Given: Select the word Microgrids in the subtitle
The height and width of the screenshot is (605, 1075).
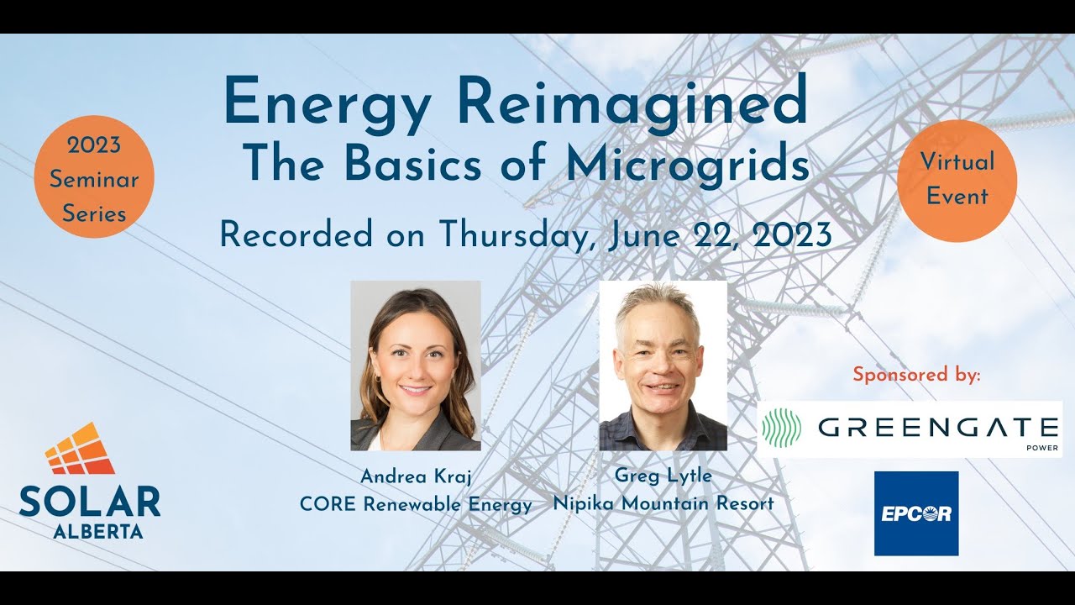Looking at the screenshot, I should point(688,165).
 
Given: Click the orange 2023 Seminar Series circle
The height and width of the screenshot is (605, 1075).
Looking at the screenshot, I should point(94,177).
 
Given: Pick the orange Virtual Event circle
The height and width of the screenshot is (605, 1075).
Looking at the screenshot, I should point(957,180).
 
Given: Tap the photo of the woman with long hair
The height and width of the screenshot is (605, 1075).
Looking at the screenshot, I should point(416,365).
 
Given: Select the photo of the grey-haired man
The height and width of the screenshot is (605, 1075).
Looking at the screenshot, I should point(663,365).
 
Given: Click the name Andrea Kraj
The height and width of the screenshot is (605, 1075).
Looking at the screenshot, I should point(416,476).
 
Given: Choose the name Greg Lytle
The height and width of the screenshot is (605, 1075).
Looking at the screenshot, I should point(663,476).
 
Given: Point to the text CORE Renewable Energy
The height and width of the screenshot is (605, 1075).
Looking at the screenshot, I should point(416,504).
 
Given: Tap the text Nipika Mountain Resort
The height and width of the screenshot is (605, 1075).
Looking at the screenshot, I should point(663,503).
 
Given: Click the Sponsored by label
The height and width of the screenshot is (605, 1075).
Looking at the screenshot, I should point(916,375).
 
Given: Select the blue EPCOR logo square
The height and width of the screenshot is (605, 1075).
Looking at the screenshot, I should point(916,513).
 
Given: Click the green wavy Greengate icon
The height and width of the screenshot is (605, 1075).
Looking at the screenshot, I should point(782,428).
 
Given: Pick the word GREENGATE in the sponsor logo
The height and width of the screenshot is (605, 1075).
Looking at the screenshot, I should point(937,427).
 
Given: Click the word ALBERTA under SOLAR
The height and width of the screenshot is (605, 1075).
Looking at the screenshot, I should point(97,531).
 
